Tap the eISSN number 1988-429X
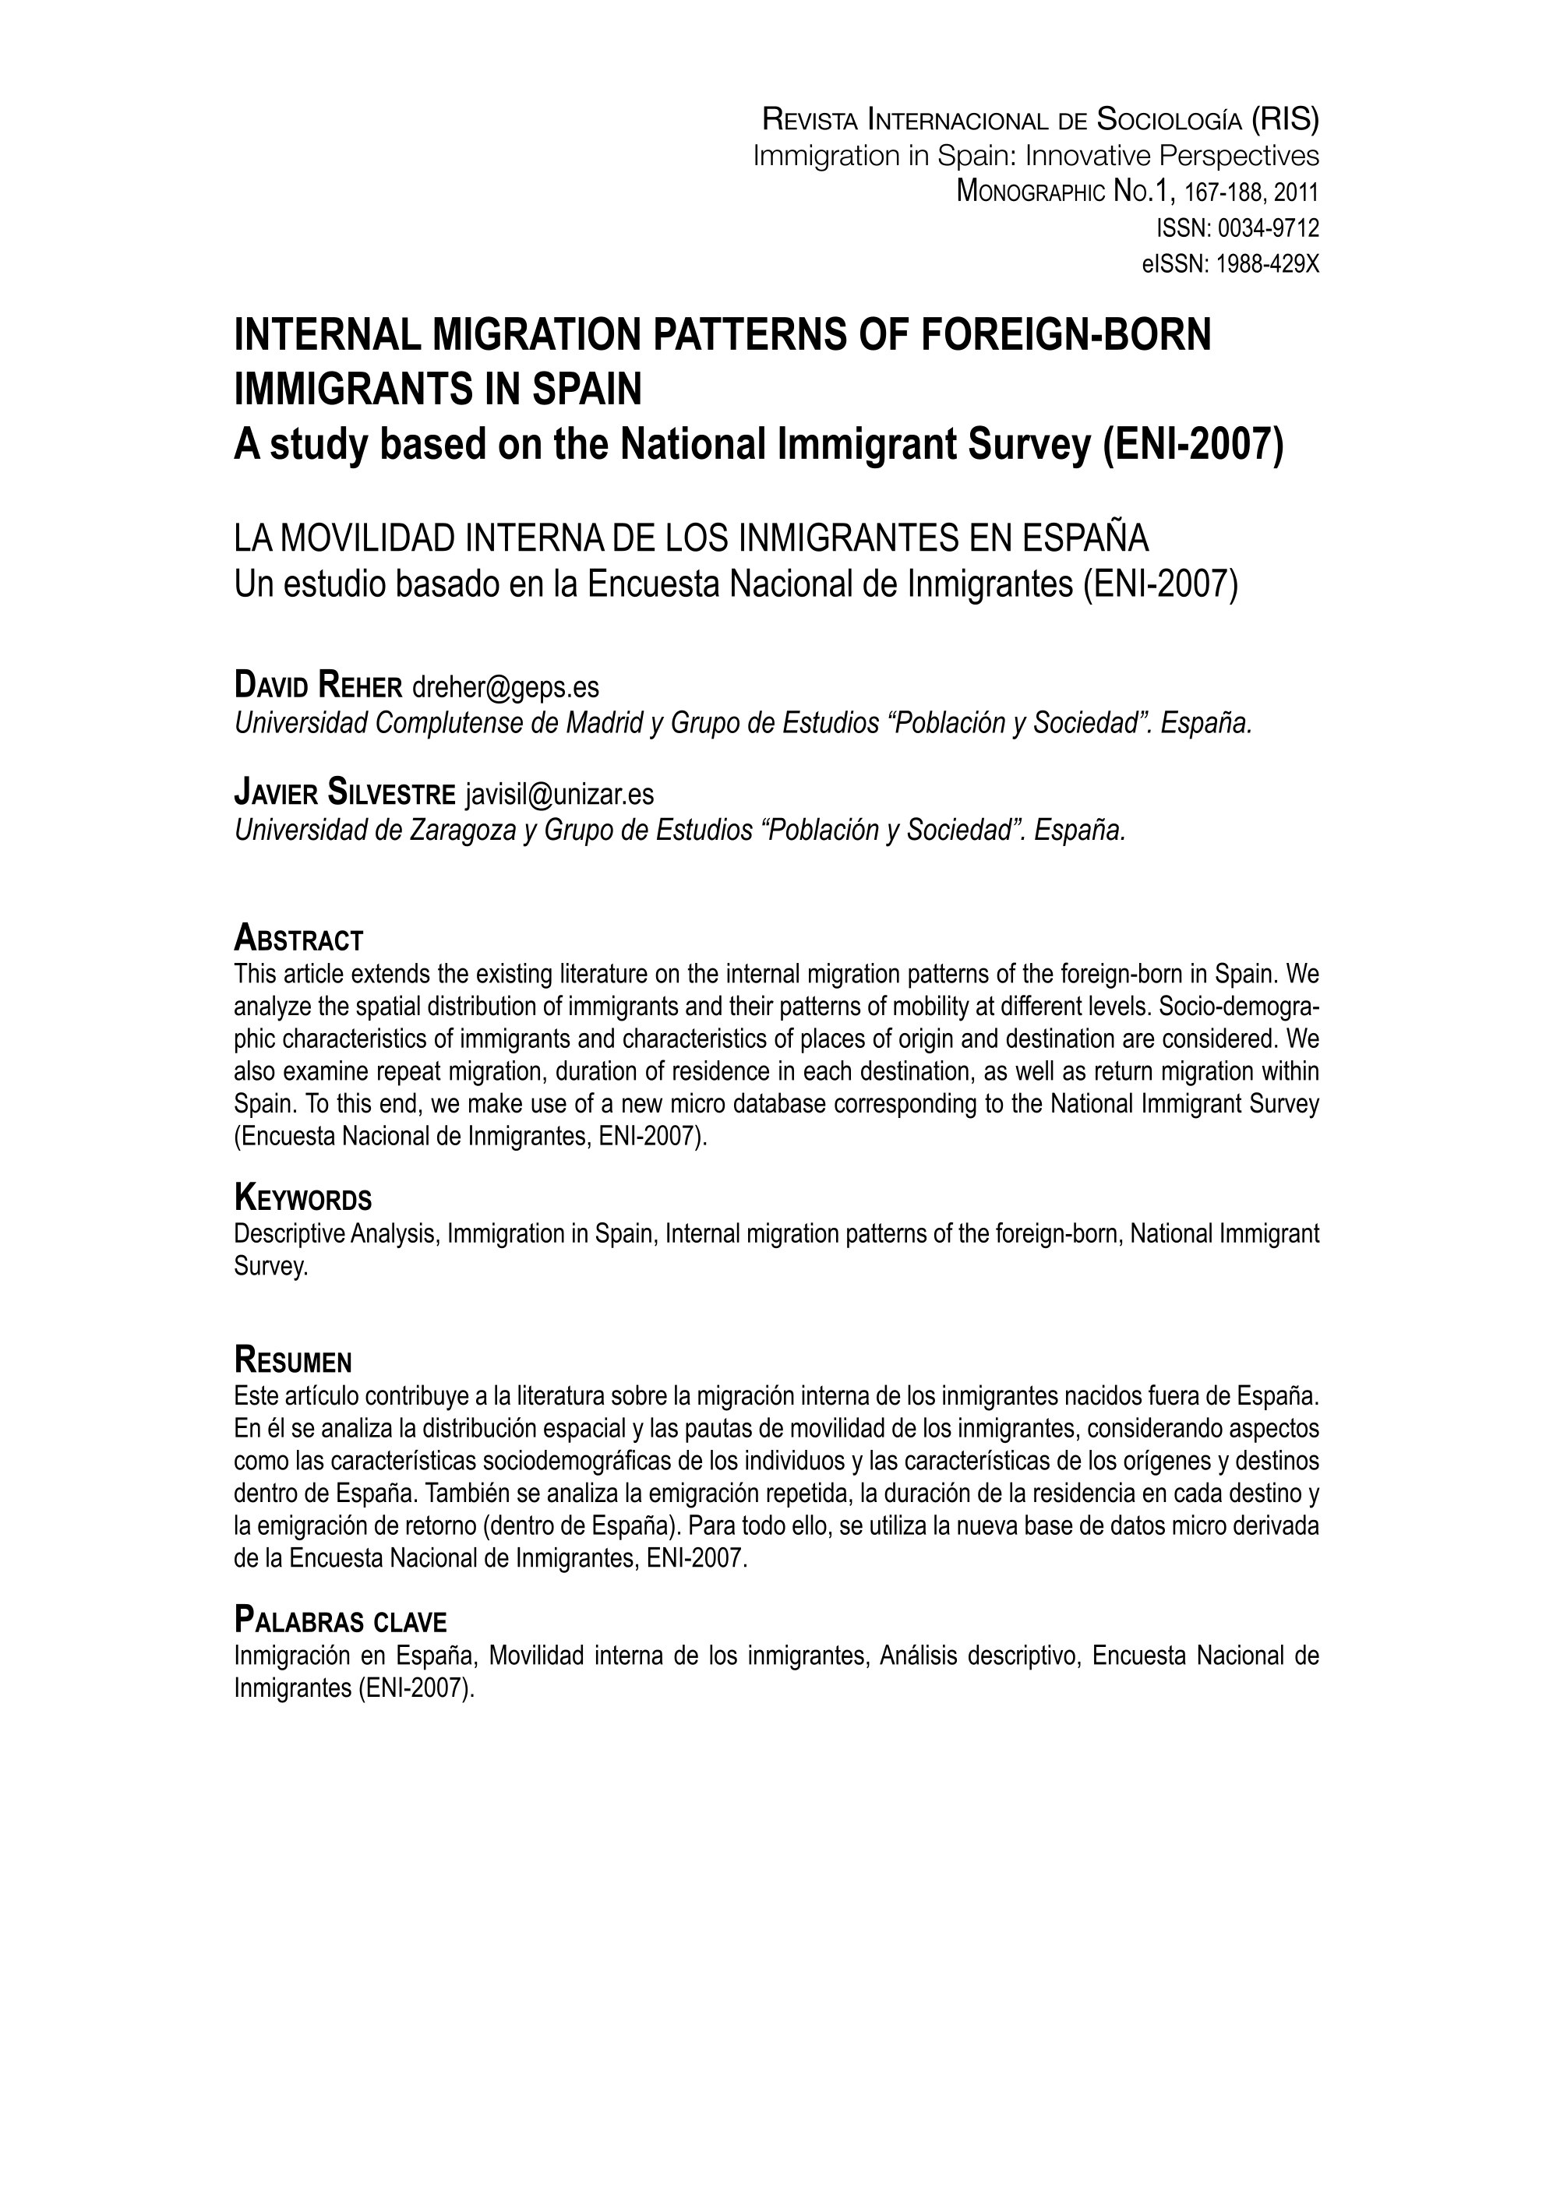tap(1267, 265)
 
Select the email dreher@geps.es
tap(505, 686)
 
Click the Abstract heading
tap(298, 939)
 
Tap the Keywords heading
tap(302, 1198)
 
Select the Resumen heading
tap(293, 1359)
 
